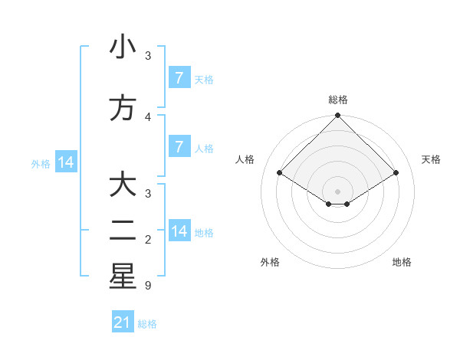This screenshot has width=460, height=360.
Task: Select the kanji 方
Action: point(123,108)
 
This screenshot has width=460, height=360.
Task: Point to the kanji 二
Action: point(123,231)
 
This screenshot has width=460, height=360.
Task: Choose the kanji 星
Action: point(123,277)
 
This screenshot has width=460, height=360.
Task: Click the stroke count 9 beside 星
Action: point(147,286)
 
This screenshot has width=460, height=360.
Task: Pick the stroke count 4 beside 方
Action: point(147,116)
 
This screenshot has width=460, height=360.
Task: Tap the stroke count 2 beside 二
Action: point(147,240)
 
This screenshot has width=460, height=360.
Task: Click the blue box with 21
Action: point(123,322)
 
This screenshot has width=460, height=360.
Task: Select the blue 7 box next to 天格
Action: point(179,77)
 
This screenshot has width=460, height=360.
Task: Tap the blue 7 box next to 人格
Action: point(179,146)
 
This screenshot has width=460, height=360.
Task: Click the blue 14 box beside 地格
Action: point(179,231)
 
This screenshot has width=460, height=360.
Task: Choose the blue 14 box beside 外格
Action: point(66,162)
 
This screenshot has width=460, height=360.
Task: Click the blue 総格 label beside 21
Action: point(147,324)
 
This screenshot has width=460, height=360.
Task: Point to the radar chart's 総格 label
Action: point(337,100)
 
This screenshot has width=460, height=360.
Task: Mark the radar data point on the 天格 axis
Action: point(396,173)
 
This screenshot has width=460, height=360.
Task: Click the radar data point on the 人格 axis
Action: point(280,173)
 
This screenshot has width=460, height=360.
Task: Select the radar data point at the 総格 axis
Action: point(337,116)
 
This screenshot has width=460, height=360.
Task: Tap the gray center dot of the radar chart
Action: point(337,191)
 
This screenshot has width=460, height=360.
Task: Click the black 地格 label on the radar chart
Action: point(402,262)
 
